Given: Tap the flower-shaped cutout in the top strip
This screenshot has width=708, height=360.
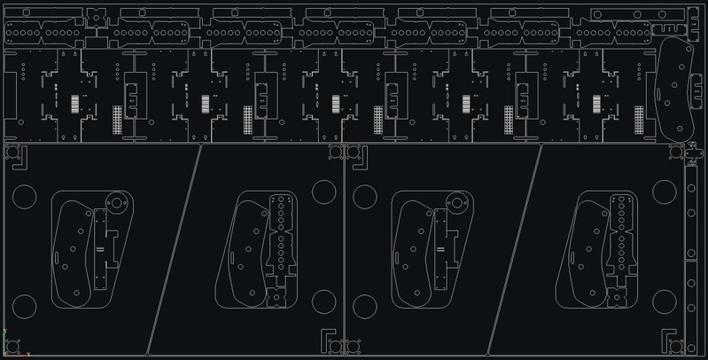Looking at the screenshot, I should tap(95, 17).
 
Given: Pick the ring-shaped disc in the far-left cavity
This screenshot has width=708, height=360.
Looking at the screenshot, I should tap(115, 203).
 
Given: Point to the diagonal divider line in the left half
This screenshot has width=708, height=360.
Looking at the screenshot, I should tap(175, 248).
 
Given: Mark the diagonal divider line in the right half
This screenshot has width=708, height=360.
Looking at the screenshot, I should tap(514, 248).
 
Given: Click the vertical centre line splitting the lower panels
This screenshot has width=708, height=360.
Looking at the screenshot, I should tap(344, 248).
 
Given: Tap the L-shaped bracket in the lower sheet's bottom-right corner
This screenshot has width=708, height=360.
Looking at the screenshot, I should tap(671, 340).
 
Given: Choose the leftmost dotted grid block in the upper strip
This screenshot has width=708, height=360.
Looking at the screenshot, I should tap(117, 120).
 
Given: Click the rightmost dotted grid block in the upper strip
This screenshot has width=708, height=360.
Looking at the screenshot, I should tap(639, 120).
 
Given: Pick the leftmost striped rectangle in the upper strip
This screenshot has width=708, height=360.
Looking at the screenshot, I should tap(75, 103).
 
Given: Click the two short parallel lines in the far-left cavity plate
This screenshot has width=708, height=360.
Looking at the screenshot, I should tap(100, 250).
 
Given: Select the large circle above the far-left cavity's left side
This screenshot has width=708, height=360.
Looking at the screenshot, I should tap(24, 197).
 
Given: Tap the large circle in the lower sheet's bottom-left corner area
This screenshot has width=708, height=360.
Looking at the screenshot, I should tap(24, 307).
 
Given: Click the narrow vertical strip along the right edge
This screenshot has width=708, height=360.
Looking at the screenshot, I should tap(691, 257).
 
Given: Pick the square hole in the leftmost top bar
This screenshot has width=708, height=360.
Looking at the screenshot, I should tap(26, 12).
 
